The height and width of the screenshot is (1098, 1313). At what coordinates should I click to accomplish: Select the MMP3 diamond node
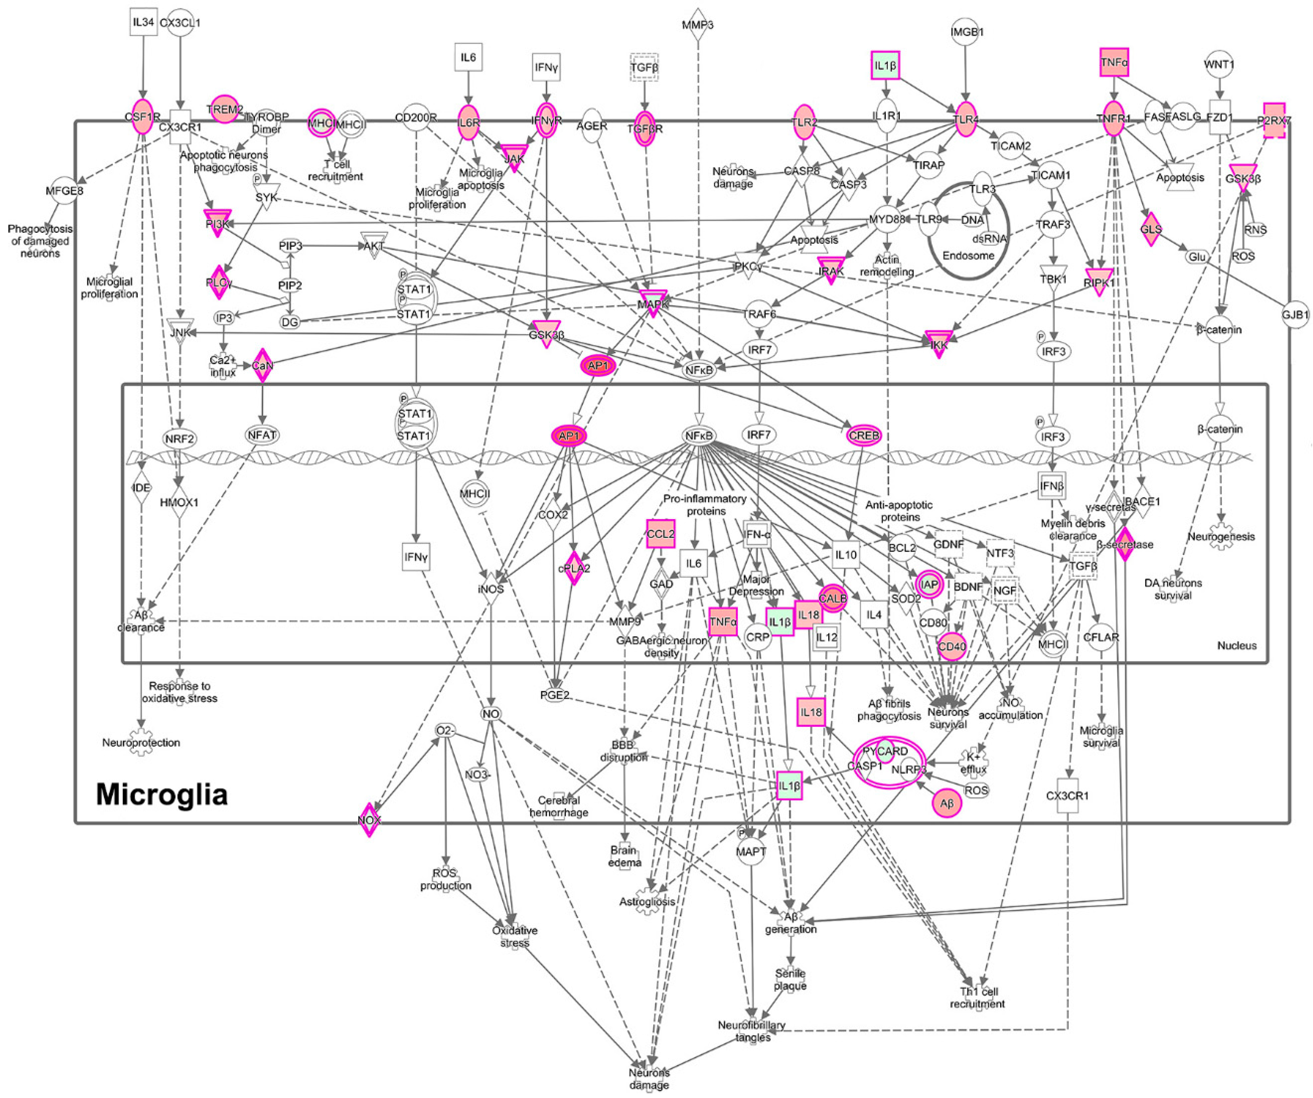pyautogui.click(x=698, y=26)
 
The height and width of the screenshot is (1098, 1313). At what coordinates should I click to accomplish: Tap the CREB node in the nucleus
pyautogui.click(x=864, y=435)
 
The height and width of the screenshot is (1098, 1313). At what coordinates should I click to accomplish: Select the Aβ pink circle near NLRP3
pyautogui.click(x=947, y=804)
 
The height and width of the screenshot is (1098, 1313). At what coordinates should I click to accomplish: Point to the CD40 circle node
pyautogui.click(x=952, y=647)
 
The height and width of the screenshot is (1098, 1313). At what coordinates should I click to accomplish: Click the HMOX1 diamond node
pyautogui.click(x=180, y=502)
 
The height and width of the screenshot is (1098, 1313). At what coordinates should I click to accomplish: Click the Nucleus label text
pyautogui.click(x=1237, y=645)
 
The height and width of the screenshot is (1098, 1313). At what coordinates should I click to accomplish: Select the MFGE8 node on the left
pyautogui.click(x=64, y=191)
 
